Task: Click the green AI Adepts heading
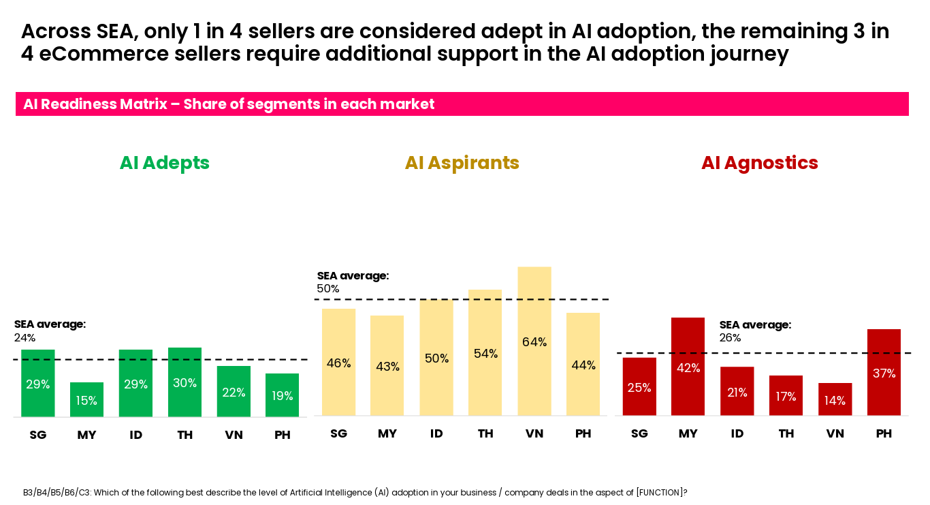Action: tap(164, 163)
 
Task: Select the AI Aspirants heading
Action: tap(462, 163)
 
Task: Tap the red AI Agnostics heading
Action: tap(759, 163)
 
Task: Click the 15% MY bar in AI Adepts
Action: tap(86, 399)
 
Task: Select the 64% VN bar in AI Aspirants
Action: tap(534, 341)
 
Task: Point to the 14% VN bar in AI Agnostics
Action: tap(835, 399)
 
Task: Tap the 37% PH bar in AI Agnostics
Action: tap(884, 372)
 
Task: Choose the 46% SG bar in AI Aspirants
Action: tap(338, 362)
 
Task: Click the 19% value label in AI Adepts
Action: tap(282, 396)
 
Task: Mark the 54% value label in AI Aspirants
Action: tap(485, 354)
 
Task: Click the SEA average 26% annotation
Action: tap(755, 331)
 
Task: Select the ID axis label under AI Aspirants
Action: tap(436, 434)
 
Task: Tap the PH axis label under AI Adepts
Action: tap(283, 435)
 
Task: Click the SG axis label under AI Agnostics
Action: tap(639, 434)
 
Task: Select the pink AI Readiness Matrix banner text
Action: tap(229, 104)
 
